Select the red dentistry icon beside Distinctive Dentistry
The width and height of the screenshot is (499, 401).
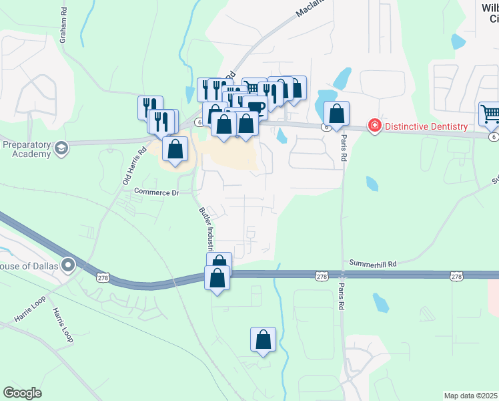(375, 126)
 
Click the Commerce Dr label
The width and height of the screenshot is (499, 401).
(157, 192)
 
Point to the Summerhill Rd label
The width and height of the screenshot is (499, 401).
(373, 265)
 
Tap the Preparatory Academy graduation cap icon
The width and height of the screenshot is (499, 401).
(61, 147)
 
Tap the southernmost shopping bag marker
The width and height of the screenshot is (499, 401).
(264, 339)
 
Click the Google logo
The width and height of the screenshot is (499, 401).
(22, 393)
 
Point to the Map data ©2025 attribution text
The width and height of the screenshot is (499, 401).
(470, 396)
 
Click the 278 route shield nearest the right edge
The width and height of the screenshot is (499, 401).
(456, 276)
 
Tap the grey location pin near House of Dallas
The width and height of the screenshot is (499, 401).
(67, 266)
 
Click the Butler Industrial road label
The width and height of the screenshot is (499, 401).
(208, 228)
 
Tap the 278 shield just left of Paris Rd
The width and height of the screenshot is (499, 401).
(322, 276)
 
